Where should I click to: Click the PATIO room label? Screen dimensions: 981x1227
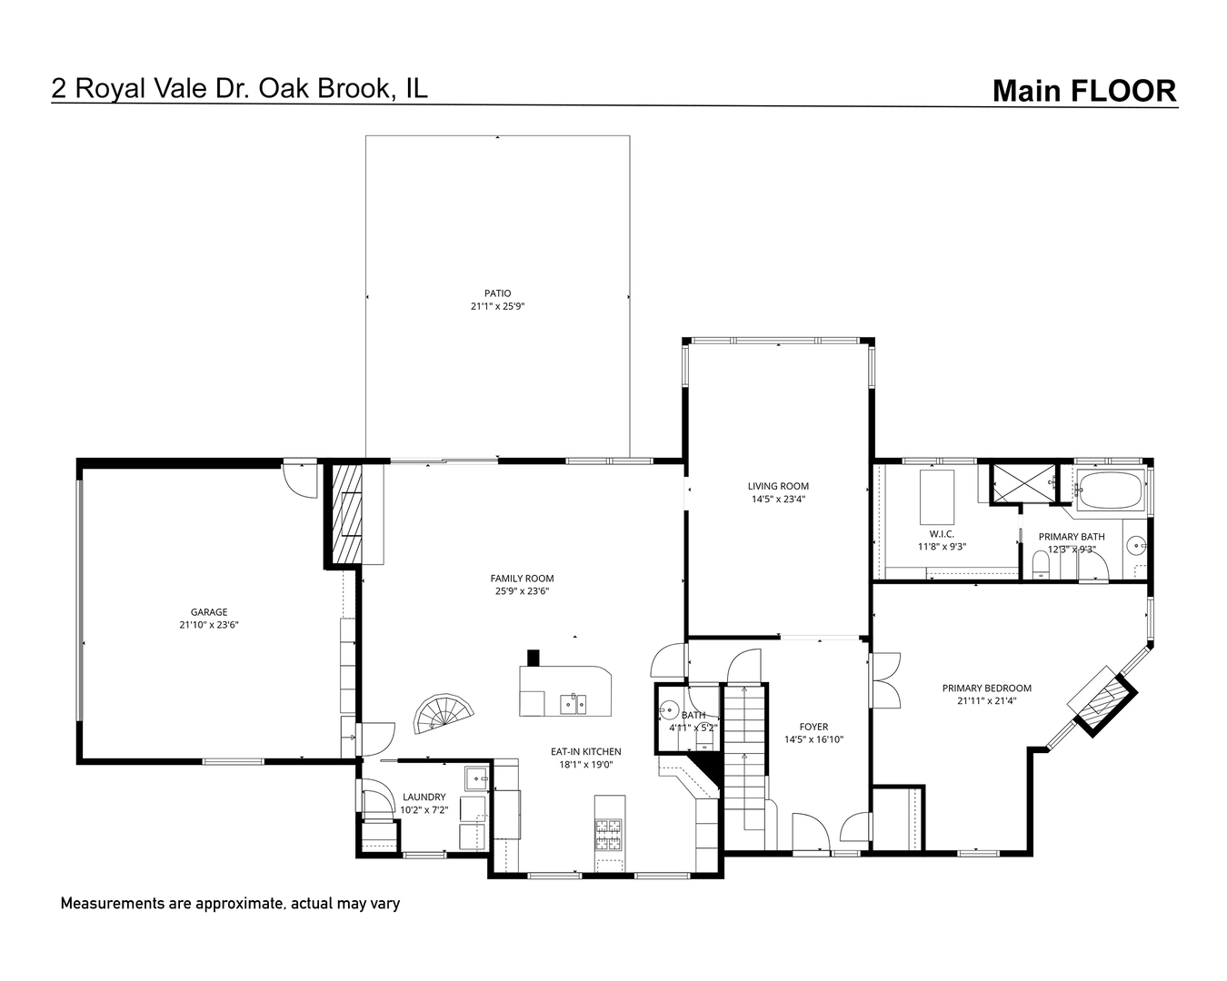[497, 293]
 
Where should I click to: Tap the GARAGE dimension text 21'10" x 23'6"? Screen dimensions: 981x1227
[208, 625]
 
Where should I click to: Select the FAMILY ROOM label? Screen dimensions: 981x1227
[522, 579]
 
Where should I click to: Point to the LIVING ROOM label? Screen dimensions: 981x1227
[778, 486]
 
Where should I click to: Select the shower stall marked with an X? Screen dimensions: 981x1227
[1023, 482]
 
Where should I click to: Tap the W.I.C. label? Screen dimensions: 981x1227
[941, 533]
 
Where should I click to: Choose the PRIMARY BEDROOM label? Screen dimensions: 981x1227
[986, 689]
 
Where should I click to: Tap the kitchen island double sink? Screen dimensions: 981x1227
[573, 702]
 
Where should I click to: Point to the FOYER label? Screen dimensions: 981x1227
[813, 727]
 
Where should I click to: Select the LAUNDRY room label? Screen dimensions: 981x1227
[424, 797]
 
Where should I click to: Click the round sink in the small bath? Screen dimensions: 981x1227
[671, 709]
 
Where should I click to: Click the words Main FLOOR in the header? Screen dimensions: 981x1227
[1083, 91]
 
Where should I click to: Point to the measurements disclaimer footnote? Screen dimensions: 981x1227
[230, 904]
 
